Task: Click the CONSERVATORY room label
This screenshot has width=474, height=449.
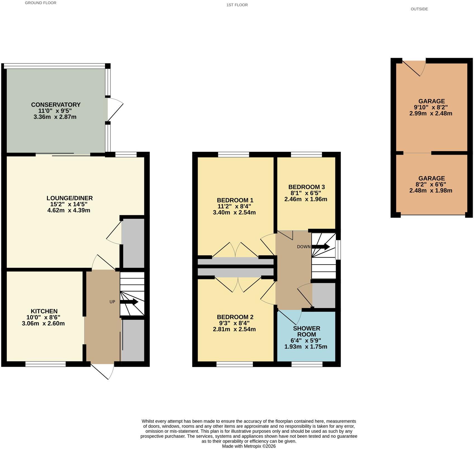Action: (x=56, y=105)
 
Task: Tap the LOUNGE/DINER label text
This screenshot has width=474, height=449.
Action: (x=70, y=198)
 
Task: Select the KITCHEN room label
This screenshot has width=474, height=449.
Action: (x=44, y=311)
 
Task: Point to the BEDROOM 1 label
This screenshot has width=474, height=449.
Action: (x=235, y=200)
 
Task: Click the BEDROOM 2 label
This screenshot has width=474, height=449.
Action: (x=235, y=317)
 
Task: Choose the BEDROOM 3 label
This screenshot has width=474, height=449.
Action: (x=307, y=187)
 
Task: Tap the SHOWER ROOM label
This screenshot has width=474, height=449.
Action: (x=307, y=331)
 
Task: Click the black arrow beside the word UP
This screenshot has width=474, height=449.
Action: (x=129, y=302)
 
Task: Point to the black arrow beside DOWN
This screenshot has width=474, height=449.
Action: (x=321, y=247)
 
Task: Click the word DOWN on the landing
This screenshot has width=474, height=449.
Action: (x=304, y=247)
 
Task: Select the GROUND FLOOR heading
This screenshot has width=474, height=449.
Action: (x=41, y=3)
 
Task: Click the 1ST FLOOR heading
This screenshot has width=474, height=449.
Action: (x=237, y=5)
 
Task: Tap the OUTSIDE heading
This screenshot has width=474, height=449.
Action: (x=419, y=9)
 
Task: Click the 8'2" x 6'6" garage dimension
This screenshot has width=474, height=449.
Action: (x=432, y=184)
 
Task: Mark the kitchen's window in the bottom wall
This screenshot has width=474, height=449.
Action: (x=46, y=364)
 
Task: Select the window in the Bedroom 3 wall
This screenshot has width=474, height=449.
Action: (x=307, y=154)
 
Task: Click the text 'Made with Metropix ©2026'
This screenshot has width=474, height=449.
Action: (x=249, y=446)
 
